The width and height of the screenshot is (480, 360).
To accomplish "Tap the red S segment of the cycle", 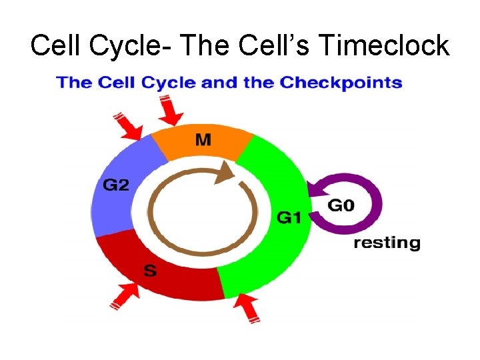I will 160,267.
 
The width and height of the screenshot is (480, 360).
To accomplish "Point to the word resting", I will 387,243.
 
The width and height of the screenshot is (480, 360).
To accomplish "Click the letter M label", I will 203,141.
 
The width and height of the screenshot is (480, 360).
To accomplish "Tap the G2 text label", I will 115,185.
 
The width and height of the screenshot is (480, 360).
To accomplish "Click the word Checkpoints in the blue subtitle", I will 341,84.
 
